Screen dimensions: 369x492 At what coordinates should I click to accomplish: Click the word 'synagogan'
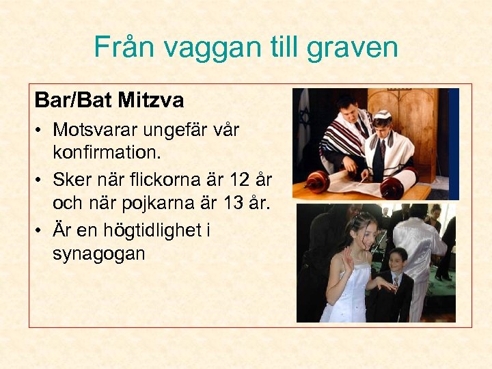98,253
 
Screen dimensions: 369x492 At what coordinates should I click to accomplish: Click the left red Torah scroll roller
317,181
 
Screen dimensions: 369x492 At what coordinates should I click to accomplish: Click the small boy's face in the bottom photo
398,261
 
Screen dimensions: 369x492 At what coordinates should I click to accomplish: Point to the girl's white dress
349,301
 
